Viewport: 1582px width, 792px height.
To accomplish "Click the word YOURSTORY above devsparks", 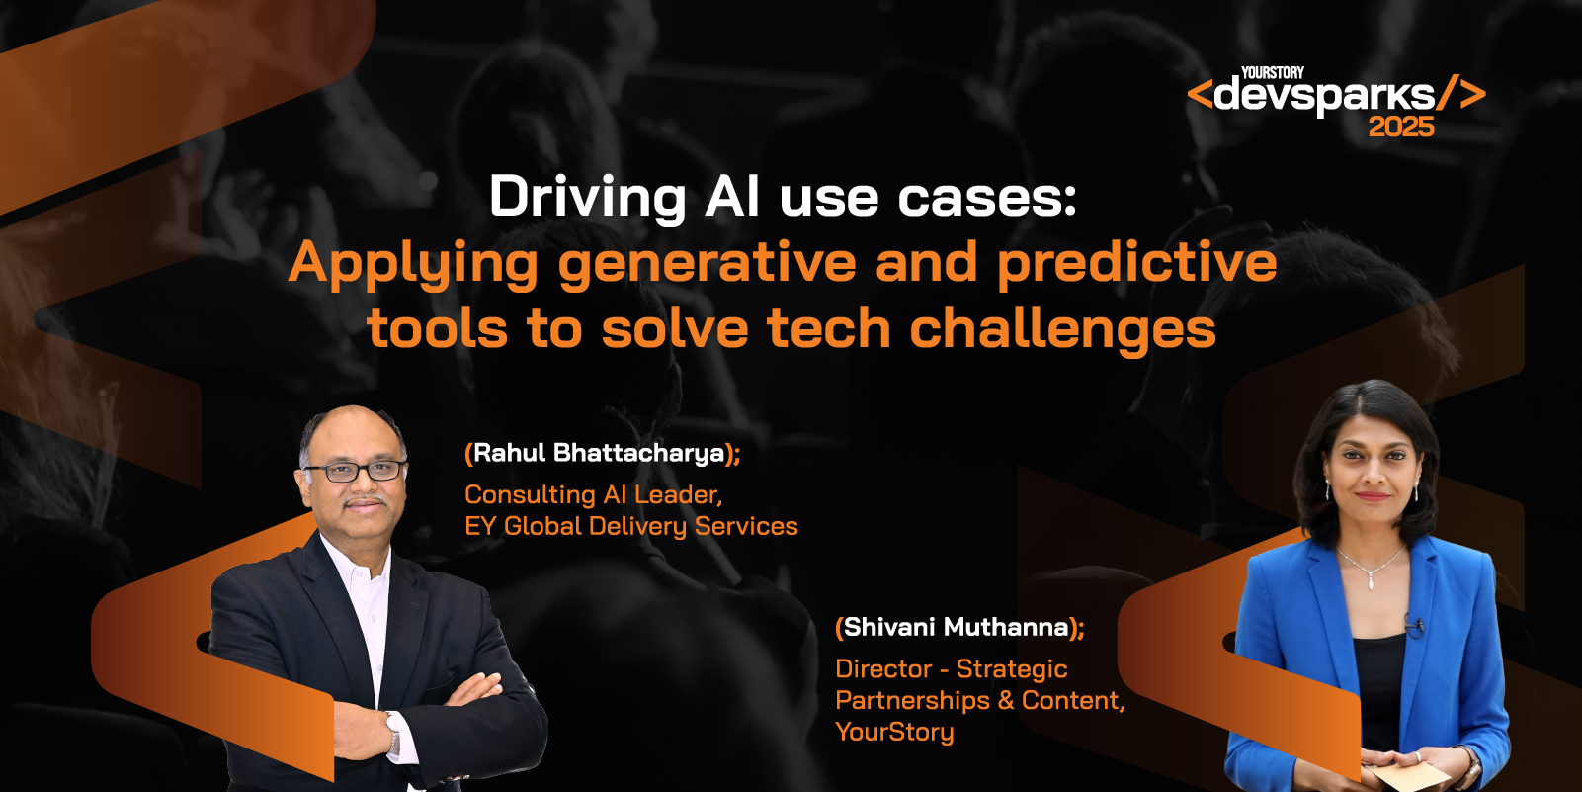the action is pyautogui.click(x=1273, y=73).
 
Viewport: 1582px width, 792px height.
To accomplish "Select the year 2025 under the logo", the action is pyautogui.click(x=1401, y=128).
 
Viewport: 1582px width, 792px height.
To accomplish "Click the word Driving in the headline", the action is pyautogui.click(x=587, y=197).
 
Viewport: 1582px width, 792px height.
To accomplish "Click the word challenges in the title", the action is pyautogui.click(x=1063, y=329).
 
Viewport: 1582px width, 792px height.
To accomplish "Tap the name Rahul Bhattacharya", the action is pyautogui.click(x=599, y=453).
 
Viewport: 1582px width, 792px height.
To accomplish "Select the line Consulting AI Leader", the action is pyautogui.click(x=593, y=494).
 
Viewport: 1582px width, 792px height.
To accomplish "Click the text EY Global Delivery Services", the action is pyautogui.click(x=631, y=526).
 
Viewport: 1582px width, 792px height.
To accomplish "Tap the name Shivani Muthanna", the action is pyautogui.click(x=957, y=627).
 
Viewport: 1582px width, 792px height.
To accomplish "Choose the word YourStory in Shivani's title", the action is pyautogui.click(x=895, y=732).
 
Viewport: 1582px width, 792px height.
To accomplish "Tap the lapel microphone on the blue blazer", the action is pyautogui.click(x=1415, y=625).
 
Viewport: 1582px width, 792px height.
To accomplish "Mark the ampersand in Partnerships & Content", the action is pyautogui.click(x=1006, y=700).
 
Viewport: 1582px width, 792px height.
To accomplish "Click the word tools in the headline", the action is pyautogui.click(x=437, y=329).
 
